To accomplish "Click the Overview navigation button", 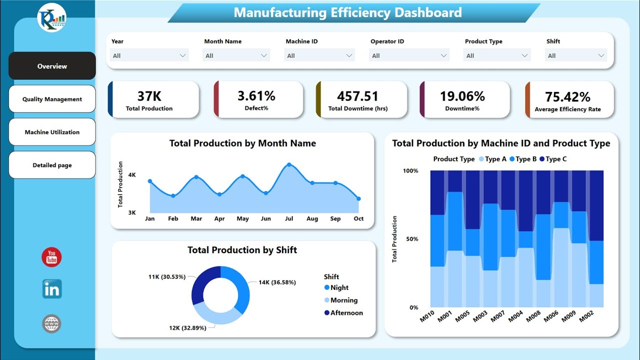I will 52,66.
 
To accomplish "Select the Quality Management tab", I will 52,99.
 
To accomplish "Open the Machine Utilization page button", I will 52,132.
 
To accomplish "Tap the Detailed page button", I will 52,165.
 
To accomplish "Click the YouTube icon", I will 51,257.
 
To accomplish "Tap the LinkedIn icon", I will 51,289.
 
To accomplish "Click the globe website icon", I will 51,324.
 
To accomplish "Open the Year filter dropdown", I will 149,55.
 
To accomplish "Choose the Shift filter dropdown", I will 576,55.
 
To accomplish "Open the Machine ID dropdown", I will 320,55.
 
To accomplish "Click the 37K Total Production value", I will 149,96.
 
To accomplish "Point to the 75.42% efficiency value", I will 567,96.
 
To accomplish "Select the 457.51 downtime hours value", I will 357,96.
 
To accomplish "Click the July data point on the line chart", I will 289,164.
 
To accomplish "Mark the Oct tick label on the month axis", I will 358,218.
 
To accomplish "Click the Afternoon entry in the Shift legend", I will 346,312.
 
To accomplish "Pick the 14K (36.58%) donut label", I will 277,282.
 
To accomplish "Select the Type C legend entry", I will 555,159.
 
